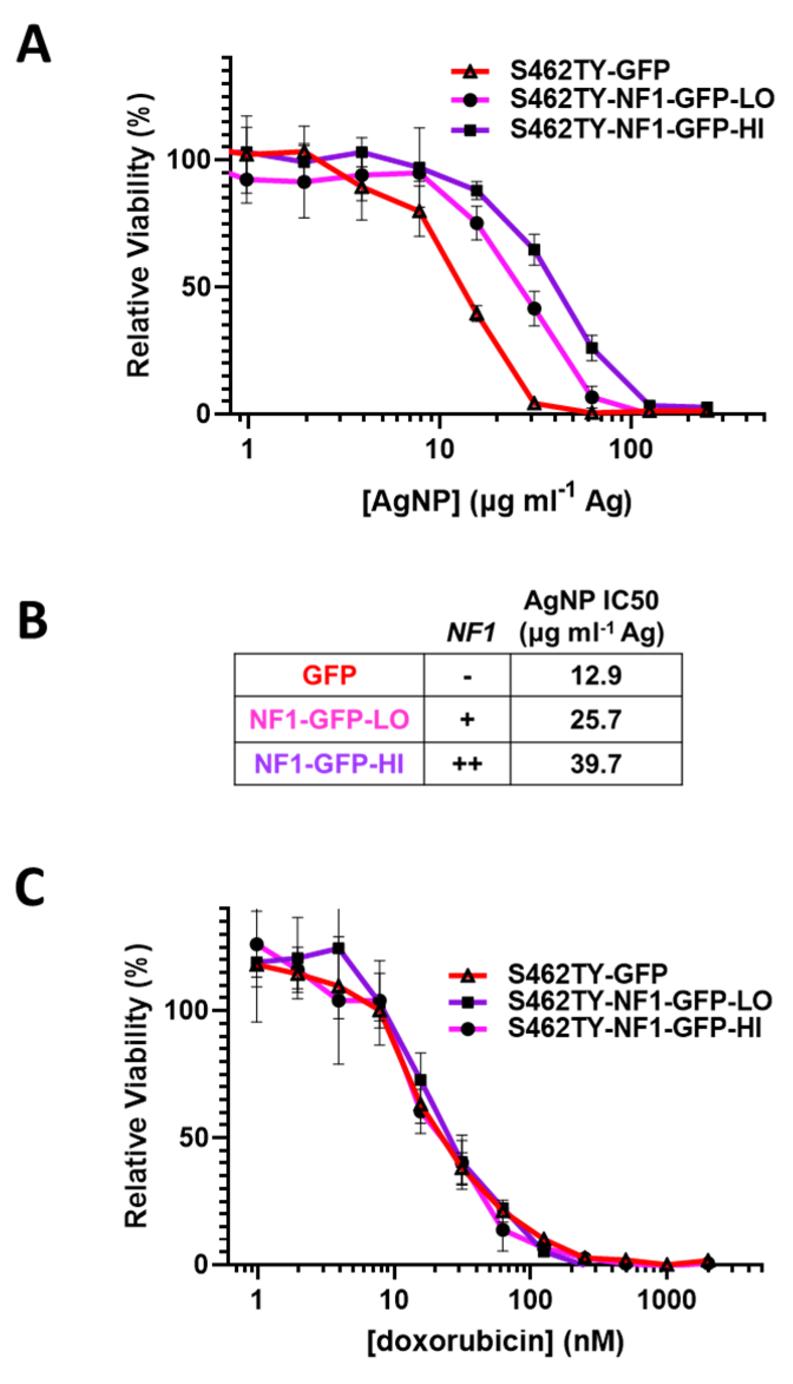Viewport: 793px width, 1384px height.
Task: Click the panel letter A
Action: [33, 45]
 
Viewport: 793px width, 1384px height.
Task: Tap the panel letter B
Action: [33, 621]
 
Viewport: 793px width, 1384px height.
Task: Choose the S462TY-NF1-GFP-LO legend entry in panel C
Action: [639, 1000]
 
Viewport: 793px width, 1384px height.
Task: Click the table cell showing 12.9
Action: [595, 675]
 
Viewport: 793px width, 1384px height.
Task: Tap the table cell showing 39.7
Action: [595, 764]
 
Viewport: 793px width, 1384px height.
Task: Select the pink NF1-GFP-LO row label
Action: [329, 720]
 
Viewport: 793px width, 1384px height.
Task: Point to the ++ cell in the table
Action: [467, 764]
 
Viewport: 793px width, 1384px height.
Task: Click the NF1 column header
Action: [470, 633]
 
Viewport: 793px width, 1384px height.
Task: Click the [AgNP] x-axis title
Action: [496, 502]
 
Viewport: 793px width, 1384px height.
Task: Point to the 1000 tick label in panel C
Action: [667, 1299]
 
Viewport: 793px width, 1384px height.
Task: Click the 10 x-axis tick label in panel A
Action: [439, 450]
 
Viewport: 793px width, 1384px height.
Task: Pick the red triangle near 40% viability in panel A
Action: [476, 315]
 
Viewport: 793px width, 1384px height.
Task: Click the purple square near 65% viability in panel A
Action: [534, 250]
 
